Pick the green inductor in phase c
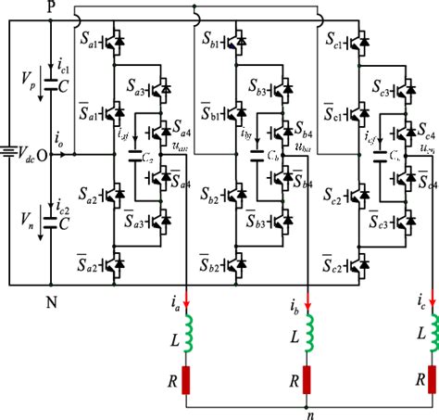[x=430, y=336]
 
